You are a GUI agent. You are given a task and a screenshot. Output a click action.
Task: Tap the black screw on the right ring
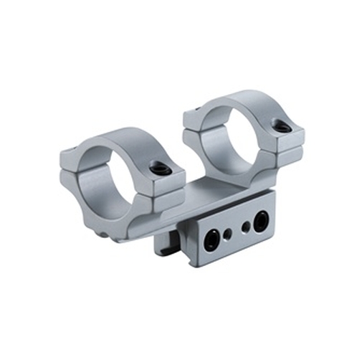point(283,127)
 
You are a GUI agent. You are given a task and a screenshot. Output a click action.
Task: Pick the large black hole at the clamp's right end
point(261,219)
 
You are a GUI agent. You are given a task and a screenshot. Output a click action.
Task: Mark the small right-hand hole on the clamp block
point(246,226)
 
